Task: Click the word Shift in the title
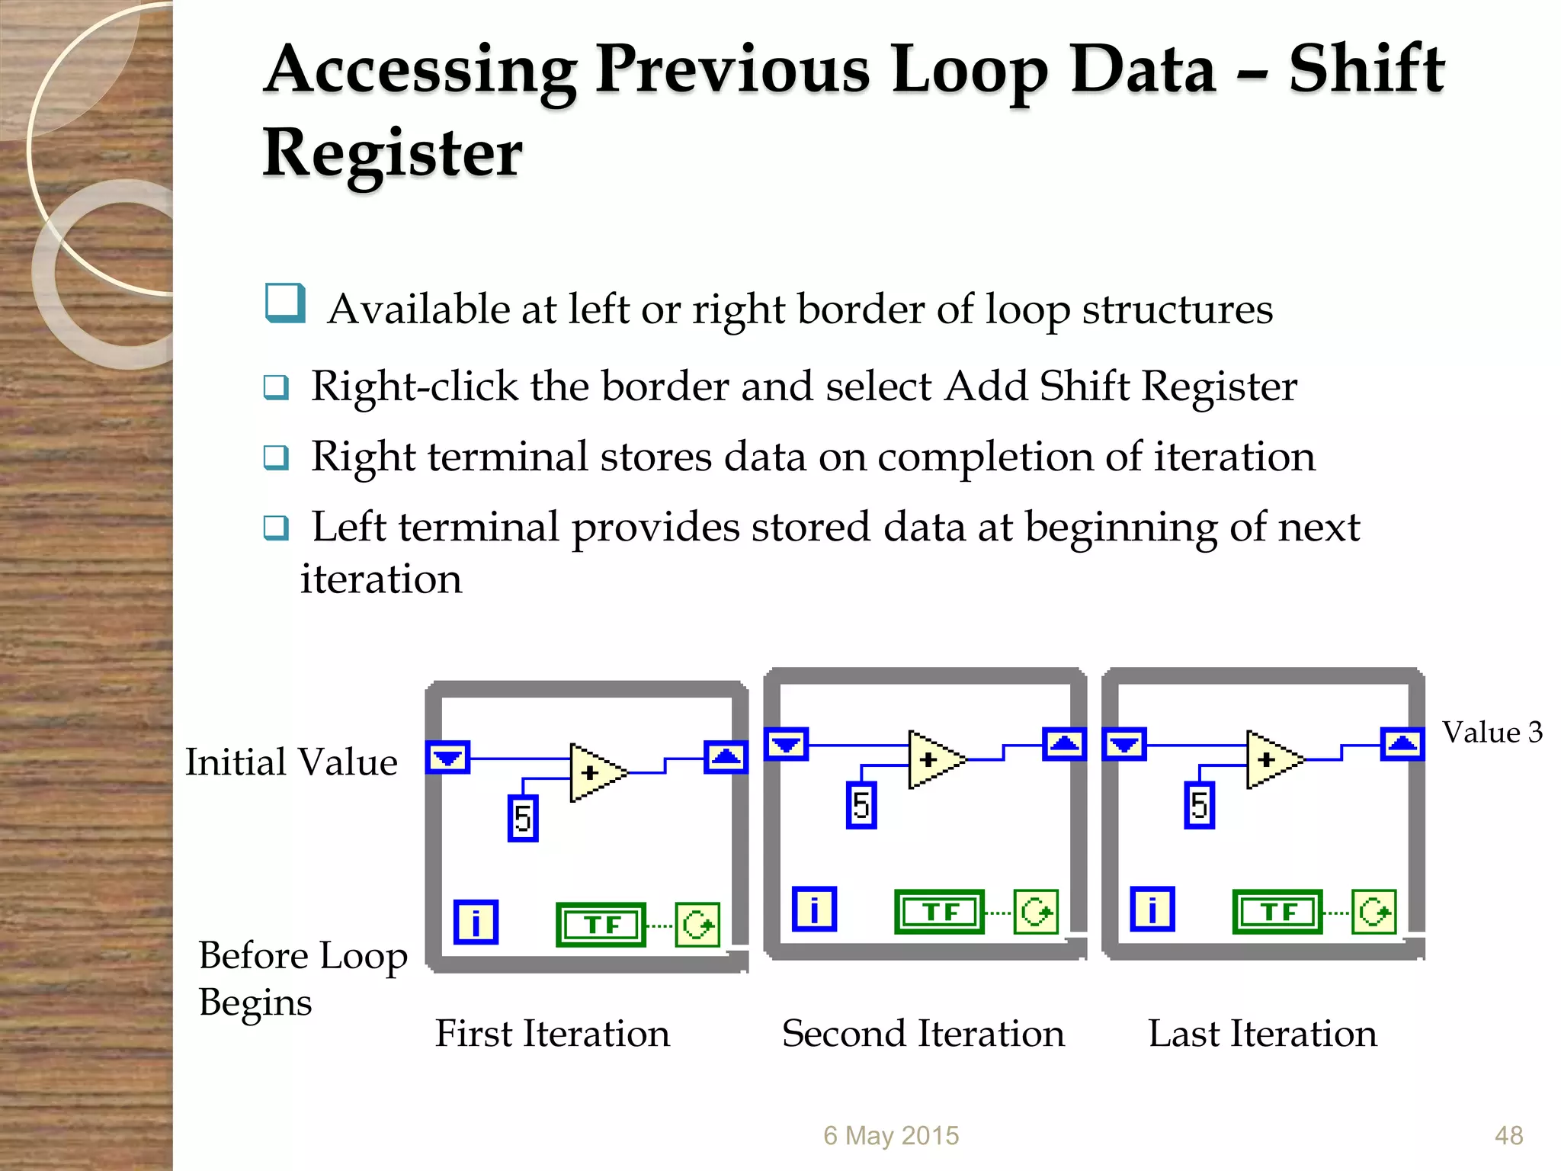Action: click(x=1366, y=70)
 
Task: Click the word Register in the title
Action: click(x=393, y=152)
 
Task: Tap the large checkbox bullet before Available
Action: click(x=285, y=303)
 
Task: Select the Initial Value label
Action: click(x=291, y=762)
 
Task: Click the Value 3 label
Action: click(x=1492, y=732)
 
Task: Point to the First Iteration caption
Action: click(x=552, y=1033)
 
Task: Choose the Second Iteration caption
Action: click(x=922, y=1033)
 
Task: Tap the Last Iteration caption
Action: click(x=1262, y=1033)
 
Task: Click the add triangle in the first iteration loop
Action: click(x=595, y=773)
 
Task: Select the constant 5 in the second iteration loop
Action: click(x=861, y=805)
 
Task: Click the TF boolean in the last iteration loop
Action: click(x=1277, y=912)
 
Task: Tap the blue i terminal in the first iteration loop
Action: click(x=476, y=922)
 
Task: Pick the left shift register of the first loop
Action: click(x=447, y=757)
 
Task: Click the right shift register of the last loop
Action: click(x=1402, y=743)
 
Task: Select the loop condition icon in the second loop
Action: click(x=1036, y=912)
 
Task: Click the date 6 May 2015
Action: click(x=890, y=1135)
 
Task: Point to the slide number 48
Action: click(x=1508, y=1135)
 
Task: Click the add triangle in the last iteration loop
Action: click(x=1271, y=760)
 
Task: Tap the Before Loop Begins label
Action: click(x=302, y=978)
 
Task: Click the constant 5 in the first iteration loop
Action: click(x=523, y=818)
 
